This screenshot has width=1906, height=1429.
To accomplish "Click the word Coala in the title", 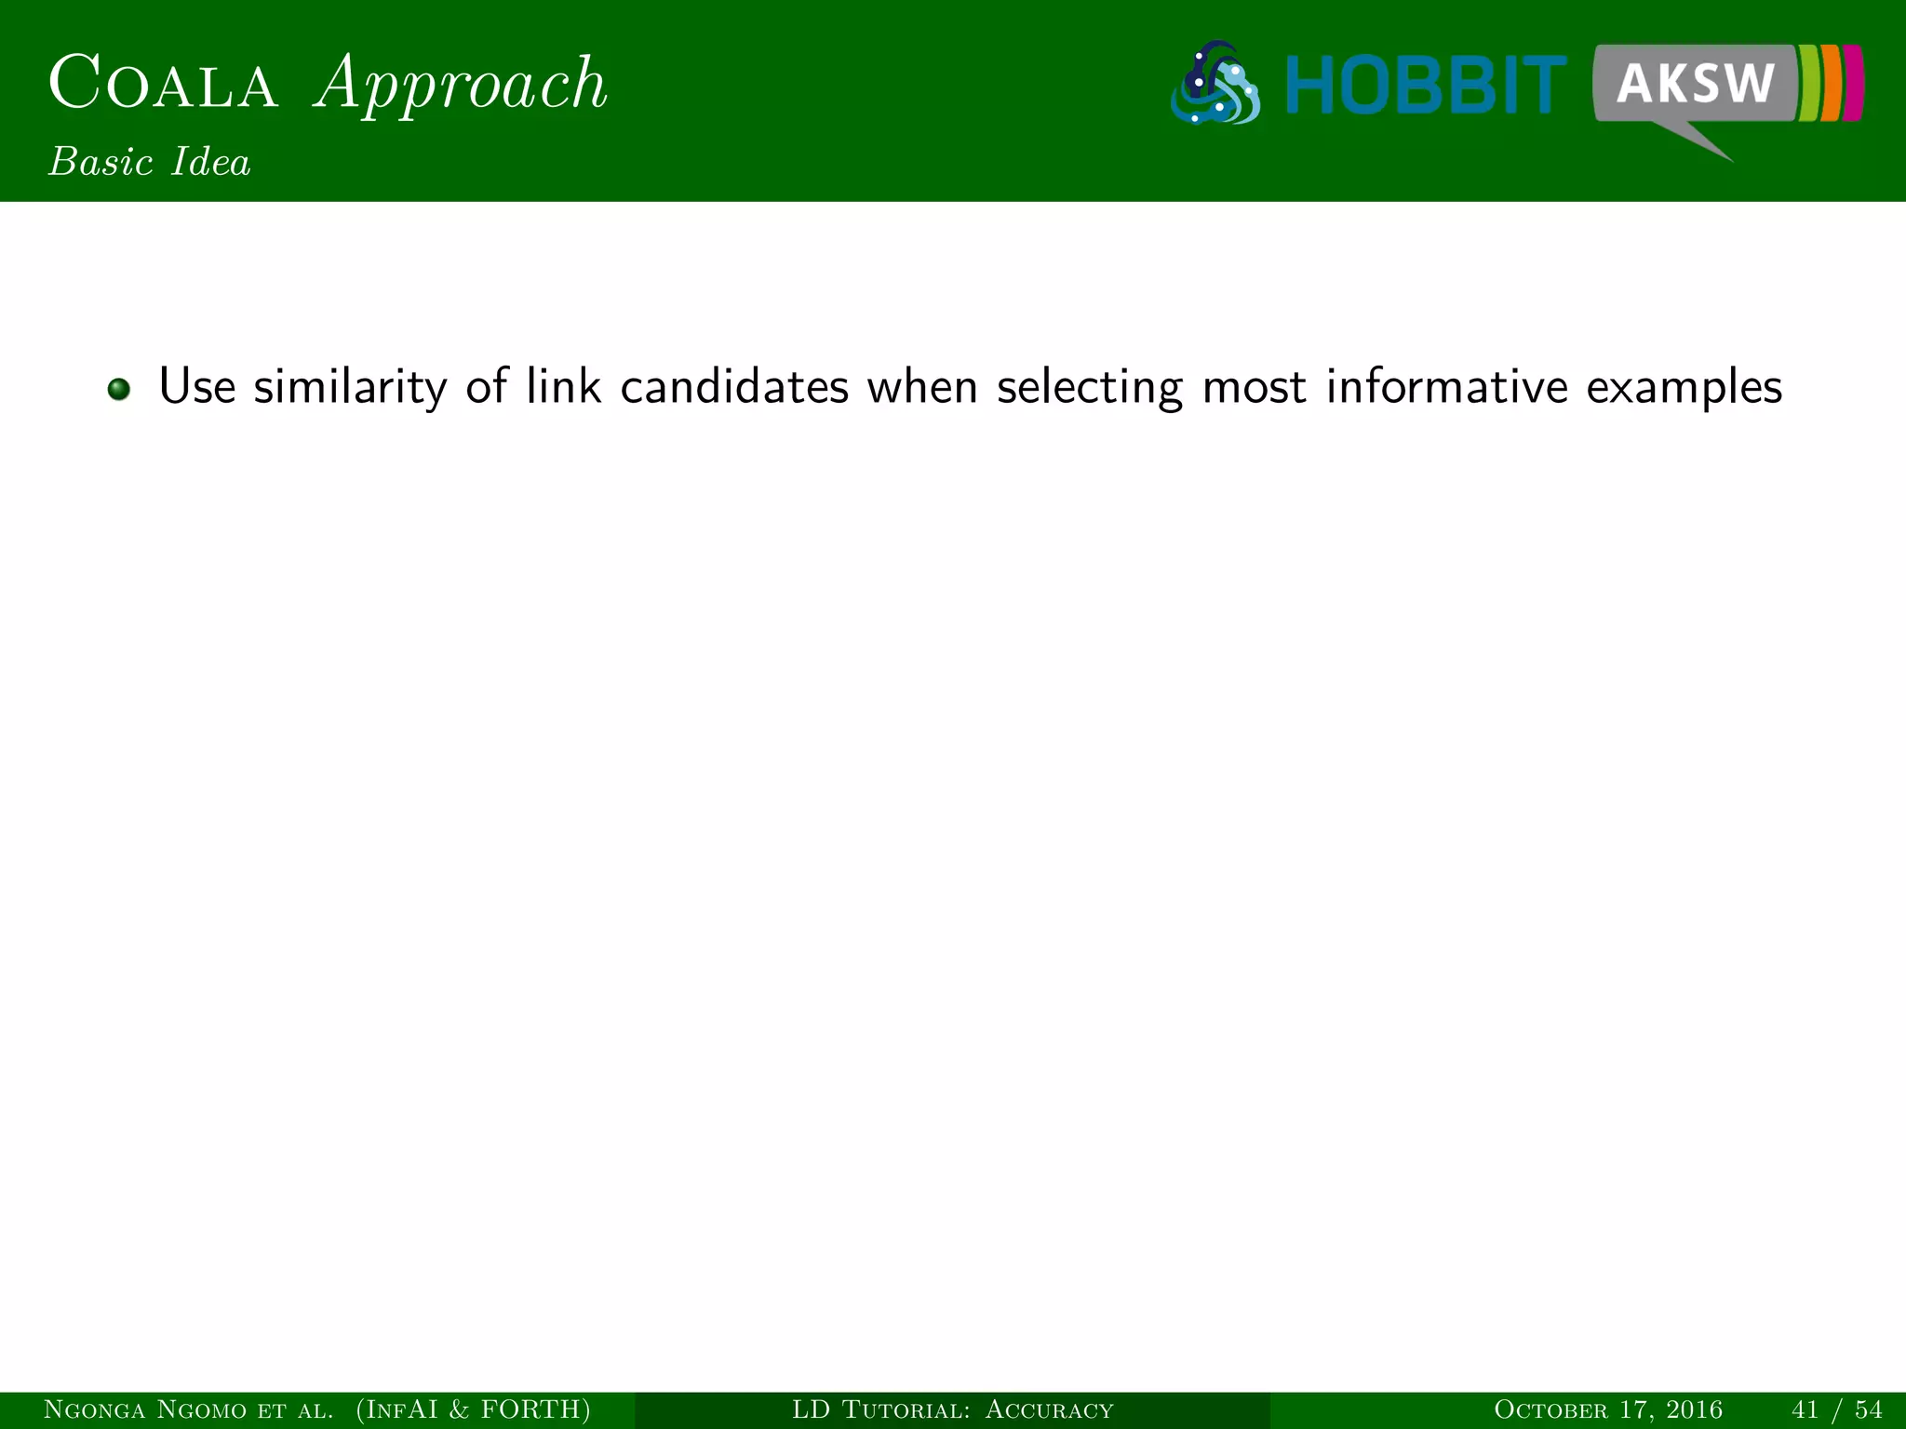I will click(x=164, y=84).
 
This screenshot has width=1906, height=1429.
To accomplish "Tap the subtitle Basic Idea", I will click(x=150, y=163).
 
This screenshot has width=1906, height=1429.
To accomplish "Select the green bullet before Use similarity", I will click(x=118, y=388).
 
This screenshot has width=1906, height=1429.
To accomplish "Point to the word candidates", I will click(x=734, y=386).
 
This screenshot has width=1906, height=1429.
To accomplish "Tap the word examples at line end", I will click(x=1684, y=388).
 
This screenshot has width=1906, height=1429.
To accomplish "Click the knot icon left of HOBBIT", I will click(x=1215, y=84).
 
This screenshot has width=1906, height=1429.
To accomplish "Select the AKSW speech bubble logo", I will click(x=1694, y=84).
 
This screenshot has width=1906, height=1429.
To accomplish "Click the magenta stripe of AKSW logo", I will click(x=1853, y=82).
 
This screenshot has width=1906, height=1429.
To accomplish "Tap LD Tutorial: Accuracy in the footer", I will click(x=952, y=1409).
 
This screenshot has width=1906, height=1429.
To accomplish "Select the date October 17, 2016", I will click(x=1607, y=1409).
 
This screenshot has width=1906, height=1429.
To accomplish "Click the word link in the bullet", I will click(x=563, y=386).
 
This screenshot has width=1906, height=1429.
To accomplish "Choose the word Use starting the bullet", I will click(x=196, y=386).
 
